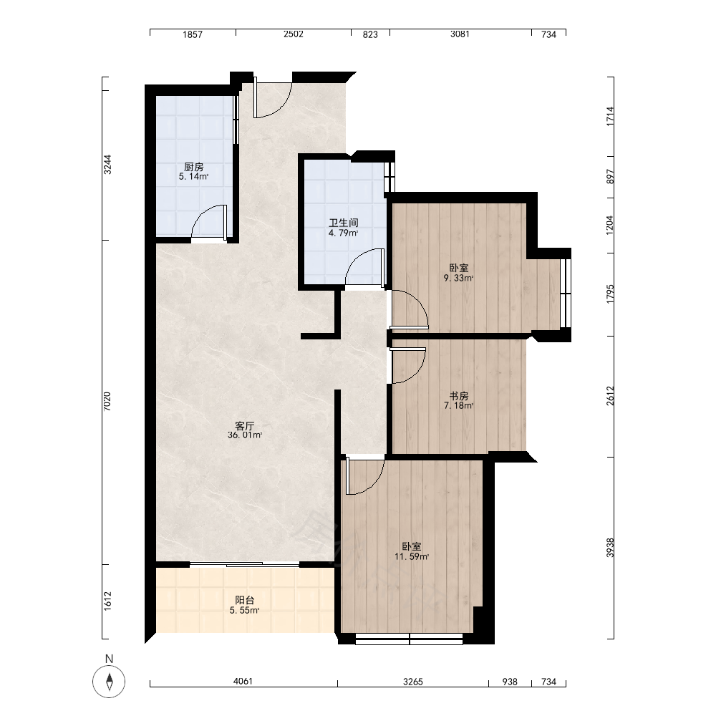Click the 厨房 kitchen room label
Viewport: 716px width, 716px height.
tap(193, 167)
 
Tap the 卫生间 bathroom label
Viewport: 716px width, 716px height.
tap(344, 223)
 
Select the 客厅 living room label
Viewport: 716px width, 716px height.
tap(245, 425)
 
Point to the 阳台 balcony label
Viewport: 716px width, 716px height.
tap(245, 600)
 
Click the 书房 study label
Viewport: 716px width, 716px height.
tap(459, 395)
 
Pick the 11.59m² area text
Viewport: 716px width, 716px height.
tap(412, 556)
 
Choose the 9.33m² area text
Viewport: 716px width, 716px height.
tap(459, 278)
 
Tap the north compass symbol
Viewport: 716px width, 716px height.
tap(109, 682)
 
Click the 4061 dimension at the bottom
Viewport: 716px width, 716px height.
tap(243, 682)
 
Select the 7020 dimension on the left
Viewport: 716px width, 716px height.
tap(107, 402)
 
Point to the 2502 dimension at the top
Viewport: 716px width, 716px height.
tap(293, 34)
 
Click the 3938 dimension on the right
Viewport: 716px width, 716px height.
tap(611, 548)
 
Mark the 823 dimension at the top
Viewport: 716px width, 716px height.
tap(370, 34)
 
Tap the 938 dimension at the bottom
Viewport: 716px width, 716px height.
tap(510, 682)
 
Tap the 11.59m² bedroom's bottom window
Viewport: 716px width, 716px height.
tap(409, 639)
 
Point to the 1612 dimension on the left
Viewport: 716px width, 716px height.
tap(107, 601)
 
